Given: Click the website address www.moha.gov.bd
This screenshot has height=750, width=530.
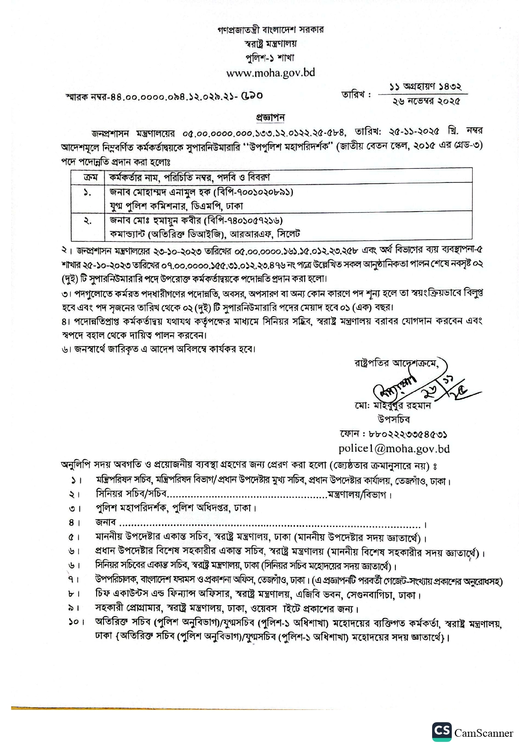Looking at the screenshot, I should click(x=270, y=73).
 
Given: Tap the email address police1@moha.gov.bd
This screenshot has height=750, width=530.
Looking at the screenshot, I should click(x=394, y=448).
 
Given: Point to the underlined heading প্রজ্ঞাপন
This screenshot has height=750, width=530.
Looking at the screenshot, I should click(x=270, y=117).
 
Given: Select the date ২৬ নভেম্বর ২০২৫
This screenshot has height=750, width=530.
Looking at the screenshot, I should click(x=426, y=101).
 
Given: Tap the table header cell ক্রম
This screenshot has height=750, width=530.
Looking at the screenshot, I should click(x=90, y=177).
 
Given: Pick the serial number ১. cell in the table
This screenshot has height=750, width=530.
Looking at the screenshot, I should click(x=87, y=193).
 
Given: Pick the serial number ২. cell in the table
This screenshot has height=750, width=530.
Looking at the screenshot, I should click(x=87, y=221).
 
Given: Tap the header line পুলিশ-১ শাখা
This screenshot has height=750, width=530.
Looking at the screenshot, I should click(x=270, y=58).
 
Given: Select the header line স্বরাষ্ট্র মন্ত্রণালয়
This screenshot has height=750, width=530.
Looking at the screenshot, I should click(x=270, y=44).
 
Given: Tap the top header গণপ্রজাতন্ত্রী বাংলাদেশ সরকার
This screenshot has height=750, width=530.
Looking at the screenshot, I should click(x=270, y=29).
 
